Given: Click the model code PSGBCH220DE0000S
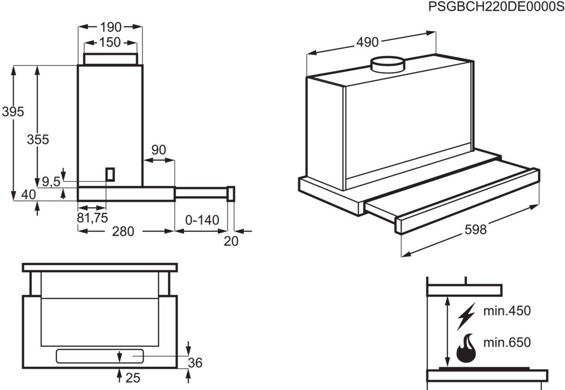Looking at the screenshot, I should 496,7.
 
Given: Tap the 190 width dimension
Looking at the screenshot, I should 110,27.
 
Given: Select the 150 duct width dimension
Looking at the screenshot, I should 110,42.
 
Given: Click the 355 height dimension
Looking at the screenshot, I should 38,140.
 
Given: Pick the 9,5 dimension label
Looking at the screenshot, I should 51,181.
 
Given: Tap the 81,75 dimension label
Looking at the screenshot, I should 92,218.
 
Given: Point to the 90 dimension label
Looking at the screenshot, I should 159,150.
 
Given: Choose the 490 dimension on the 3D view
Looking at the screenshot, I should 367,42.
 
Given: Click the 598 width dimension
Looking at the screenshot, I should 476,229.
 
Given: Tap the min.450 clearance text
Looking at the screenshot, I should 507,311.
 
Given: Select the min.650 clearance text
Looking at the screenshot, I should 507,342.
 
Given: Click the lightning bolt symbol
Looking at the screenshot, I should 466,316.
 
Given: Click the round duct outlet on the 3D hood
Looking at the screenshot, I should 387,64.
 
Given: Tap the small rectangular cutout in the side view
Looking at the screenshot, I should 110,174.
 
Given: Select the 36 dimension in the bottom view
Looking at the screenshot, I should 195,363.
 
